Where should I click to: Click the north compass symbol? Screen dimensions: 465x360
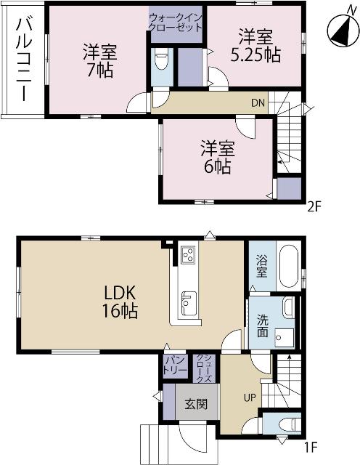pos(340,30)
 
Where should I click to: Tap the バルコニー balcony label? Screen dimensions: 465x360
pos(22,58)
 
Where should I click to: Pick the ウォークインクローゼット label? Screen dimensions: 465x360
pos(176,22)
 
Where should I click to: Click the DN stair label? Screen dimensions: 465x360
pos(258,103)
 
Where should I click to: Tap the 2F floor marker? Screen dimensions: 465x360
pos(313,205)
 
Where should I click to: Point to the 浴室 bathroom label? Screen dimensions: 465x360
pos(261,268)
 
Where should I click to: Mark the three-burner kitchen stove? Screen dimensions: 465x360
pos(187,256)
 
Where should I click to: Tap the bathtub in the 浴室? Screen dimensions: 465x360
pos(288,267)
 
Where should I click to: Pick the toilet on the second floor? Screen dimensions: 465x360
pos(160,60)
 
